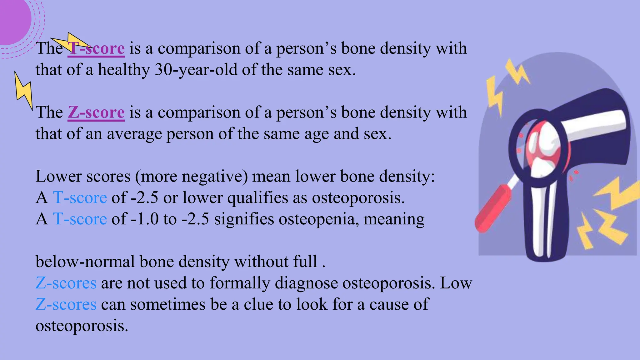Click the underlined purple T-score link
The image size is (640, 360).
[96, 48]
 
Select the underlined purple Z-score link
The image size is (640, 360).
[96, 112]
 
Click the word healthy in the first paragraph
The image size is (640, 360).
[124, 70]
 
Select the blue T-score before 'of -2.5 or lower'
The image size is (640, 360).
[80, 198]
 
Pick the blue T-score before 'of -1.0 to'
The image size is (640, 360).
[80, 219]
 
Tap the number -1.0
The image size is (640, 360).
[145, 219]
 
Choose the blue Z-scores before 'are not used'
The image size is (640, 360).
[66, 283]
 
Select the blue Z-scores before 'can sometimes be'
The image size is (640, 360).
[66, 304]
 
